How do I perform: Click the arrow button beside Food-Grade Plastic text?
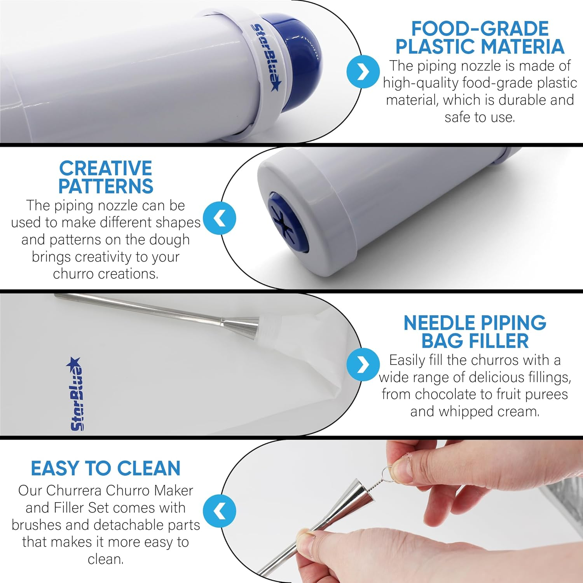(x=363, y=72)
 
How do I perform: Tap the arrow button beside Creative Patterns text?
(x=220, y=218)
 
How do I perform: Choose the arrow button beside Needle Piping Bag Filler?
(x=363, y=365)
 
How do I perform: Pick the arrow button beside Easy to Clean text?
(x=220, y=511)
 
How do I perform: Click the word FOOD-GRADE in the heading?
(x=480, y=29)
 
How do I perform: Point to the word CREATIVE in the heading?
(x=105, y=168)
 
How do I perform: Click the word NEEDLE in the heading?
(x=440, y=323)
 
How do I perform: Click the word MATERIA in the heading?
(x=518, y=46)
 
